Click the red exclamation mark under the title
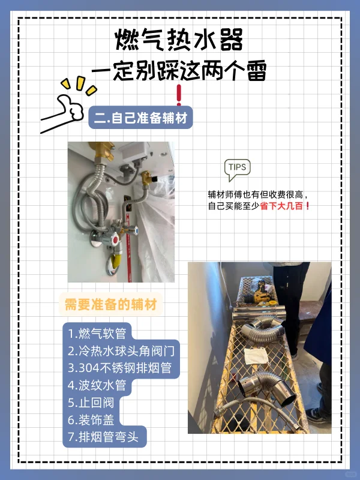tap(179, 95)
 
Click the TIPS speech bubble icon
tap(237, 170)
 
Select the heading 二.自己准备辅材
tap(140, 118)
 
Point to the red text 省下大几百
tap(281, 206)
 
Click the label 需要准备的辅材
tap(110, 305)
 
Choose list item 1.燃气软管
tap(97, 334)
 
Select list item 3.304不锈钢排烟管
tap(119, 368)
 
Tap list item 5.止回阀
tap(91, 403)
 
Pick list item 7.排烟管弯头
tap(103, 437)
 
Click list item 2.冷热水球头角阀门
tap(121, 351)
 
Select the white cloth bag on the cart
tap(257, 356)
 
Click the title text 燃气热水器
tap(179, 40)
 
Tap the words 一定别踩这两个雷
tap(179, 71)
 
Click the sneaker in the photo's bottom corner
tap(317, 415)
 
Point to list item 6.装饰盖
tap(91, 419)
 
